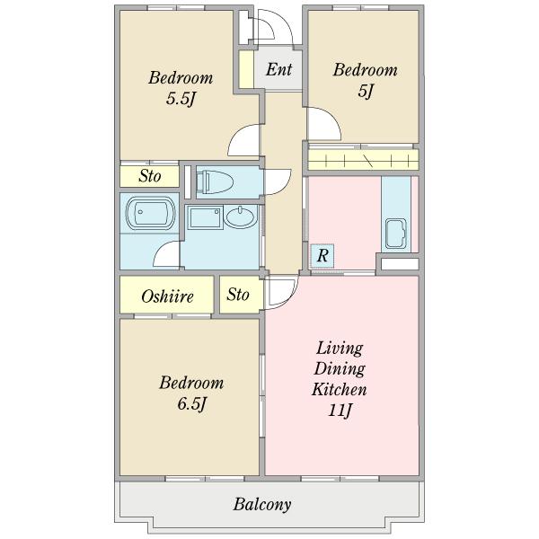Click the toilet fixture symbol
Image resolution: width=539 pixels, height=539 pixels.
[x=215, y=181]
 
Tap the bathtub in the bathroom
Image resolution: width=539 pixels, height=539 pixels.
[x=151, y=213]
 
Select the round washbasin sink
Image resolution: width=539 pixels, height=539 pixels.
[x=242, y=216]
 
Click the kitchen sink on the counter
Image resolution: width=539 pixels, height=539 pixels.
[x=395, y=234]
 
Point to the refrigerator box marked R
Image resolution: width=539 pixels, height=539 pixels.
[x=323, y=256]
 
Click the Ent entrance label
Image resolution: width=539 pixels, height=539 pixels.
[x=278, y=69]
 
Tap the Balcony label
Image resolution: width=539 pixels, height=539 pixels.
[x=262, y=505]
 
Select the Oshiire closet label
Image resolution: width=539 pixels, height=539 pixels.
[x=167, y=296]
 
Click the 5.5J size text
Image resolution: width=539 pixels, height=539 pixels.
[x=181, y=100]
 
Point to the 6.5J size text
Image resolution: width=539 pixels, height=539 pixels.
[x=192, y=404]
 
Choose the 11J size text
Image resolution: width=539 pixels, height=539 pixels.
[x=340, y=411]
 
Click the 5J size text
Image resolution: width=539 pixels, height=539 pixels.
[x=366, y=92]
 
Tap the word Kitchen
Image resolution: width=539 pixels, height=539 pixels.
[x=340, y=390]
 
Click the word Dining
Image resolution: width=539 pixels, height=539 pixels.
[x=340, y=369]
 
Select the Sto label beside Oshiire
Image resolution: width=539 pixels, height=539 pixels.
[x=238, y=295]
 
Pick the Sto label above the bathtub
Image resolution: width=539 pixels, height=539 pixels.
[x=150, y=176]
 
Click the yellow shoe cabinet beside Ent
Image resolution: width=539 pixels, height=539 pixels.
[x=246, y=69]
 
